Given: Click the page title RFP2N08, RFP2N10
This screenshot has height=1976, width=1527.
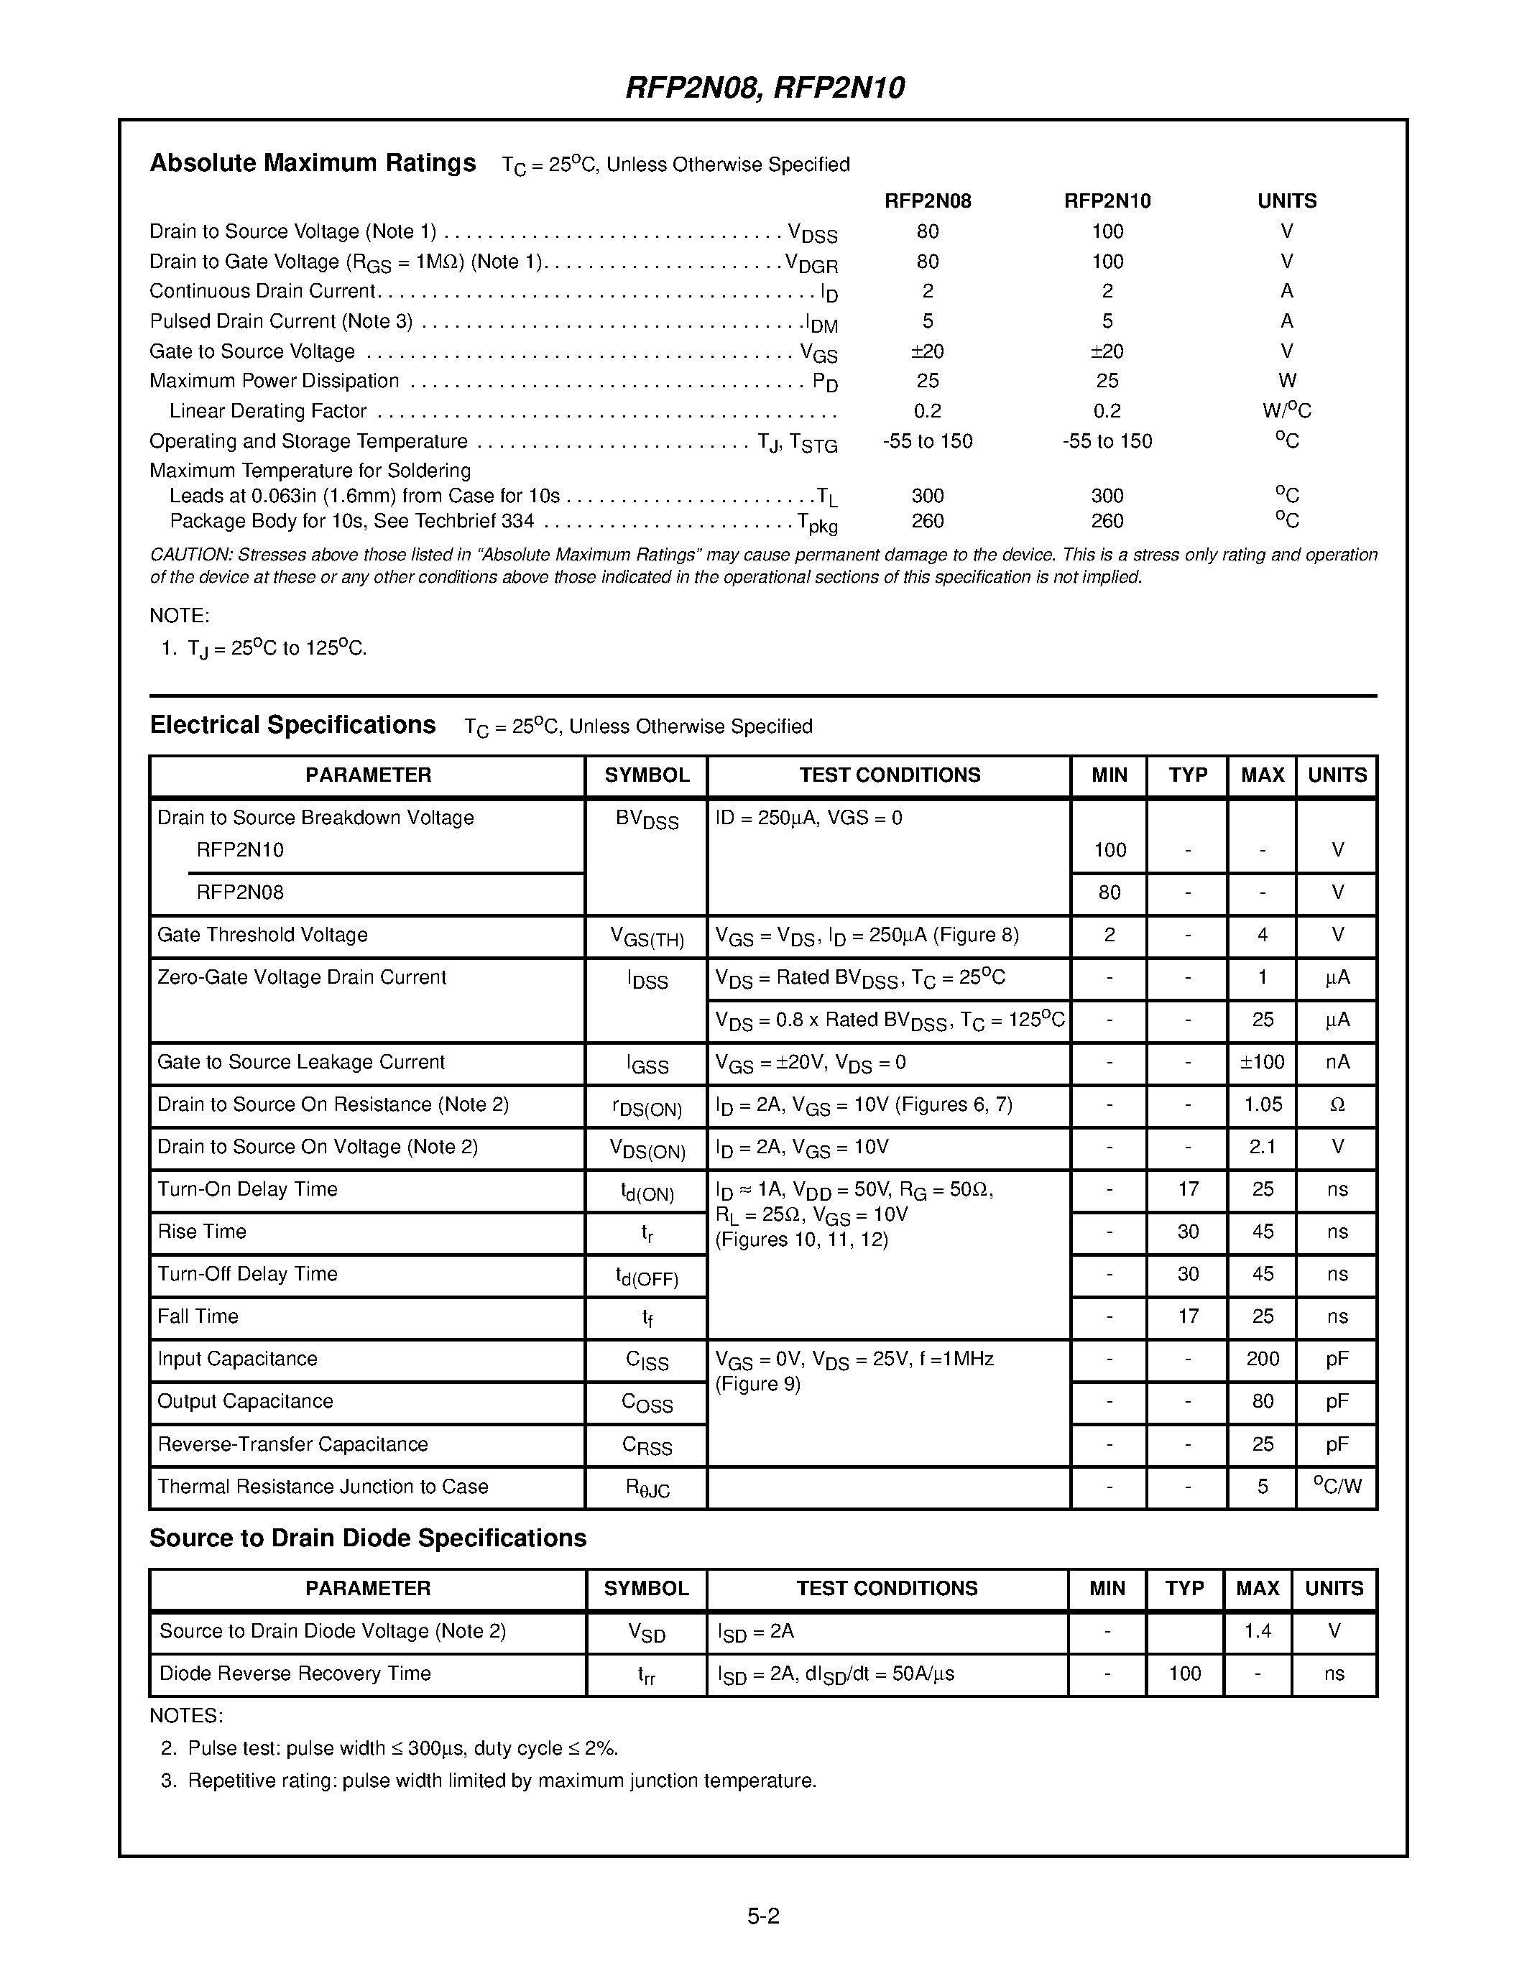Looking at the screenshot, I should [765, 88].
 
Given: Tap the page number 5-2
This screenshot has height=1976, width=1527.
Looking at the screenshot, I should [762, 1916].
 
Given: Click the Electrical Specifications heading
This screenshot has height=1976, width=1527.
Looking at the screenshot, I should [292, 725].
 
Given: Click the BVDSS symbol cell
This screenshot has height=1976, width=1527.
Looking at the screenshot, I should [646, 820].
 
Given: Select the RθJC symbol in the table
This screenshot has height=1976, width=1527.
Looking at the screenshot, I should [647, 1487].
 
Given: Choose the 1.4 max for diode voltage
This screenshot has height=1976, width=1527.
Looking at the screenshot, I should [1258, 1631].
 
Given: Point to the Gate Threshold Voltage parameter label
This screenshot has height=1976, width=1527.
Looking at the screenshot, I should [262, 935].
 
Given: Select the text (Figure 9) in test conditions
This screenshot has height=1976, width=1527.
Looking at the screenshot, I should [758, 1385].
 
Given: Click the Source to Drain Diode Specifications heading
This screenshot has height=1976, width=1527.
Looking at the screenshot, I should [367, 1538].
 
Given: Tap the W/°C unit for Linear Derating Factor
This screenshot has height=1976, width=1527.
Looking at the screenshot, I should [1286, 411].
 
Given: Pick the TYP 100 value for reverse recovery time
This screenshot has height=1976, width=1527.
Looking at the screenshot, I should [1184, 1673].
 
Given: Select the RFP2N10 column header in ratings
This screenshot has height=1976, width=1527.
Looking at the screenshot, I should [1107, 201].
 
